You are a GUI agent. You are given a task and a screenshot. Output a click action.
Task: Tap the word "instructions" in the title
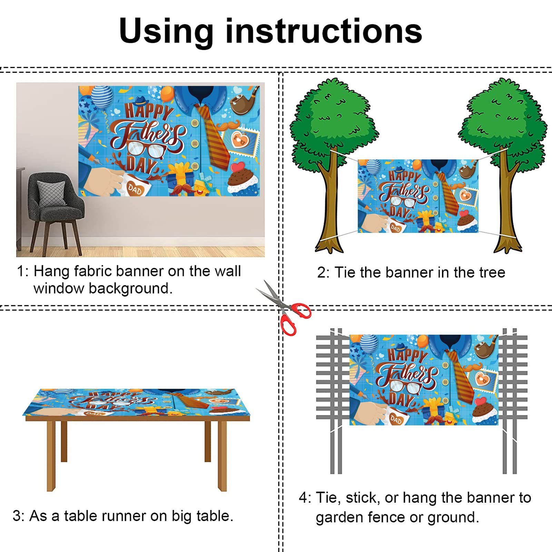pos(324,31)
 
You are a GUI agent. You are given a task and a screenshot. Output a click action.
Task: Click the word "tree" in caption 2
pos(492,273)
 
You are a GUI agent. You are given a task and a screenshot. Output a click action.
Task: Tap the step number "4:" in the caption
pos(305,498)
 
